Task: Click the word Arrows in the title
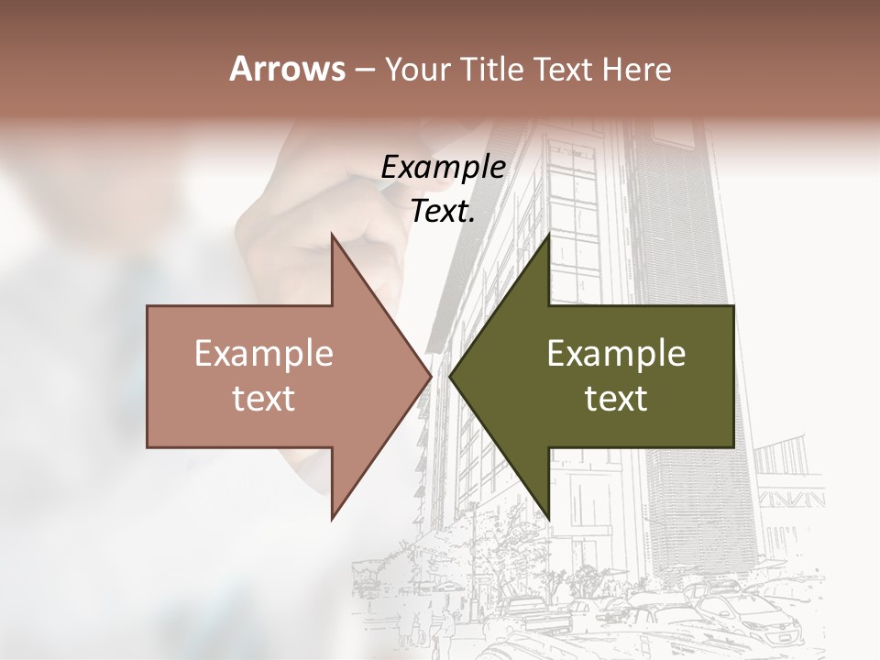click(287, 69)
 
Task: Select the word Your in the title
click(416, 70)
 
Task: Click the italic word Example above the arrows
click(444, 168)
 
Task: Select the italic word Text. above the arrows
click(444, 211)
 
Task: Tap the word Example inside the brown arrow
click(264, 354)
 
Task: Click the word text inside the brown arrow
click(264, 399)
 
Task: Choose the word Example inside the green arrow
click(616, 354)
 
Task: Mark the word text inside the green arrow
click(616, 399)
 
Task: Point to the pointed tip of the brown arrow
click(431, 376)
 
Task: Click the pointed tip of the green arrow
click(450, 376)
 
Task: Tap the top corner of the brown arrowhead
click(332, 236)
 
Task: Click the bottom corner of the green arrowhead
click(549, 517)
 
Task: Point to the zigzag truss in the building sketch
click(789, 500)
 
